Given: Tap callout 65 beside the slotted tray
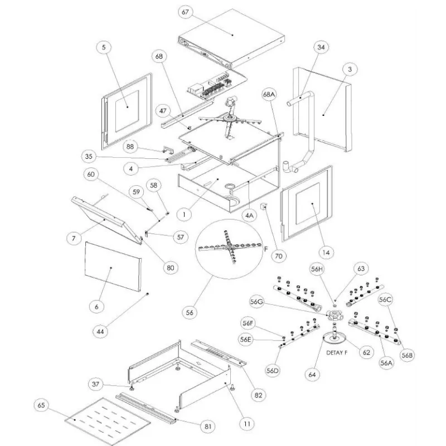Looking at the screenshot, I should (x=42, y=404).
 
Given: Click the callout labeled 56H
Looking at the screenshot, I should (x=317, y=269).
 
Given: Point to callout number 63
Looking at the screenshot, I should (x=361, y=269).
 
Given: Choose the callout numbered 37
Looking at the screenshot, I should (x=96, y=384).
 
